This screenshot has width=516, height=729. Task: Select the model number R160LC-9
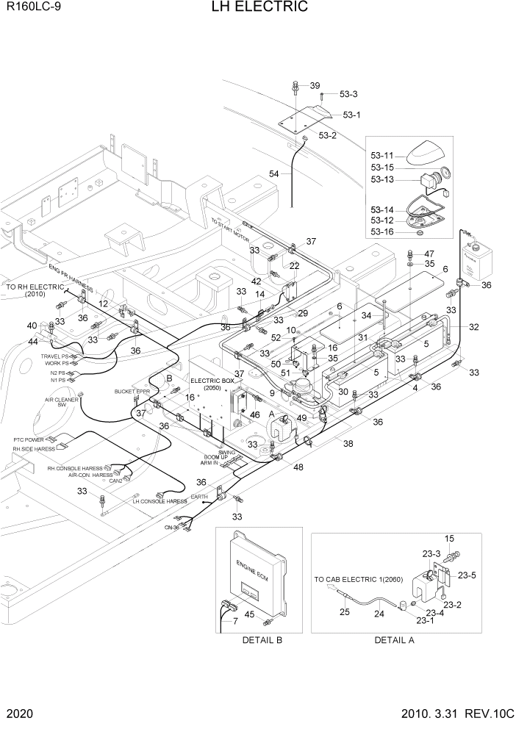coord(29,8)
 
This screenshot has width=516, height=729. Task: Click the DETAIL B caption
coord(262,640)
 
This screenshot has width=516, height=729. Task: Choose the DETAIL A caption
coord(394,640)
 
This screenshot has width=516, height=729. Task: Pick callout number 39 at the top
coord(315,86)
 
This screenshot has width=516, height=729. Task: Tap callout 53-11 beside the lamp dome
coord(383,157)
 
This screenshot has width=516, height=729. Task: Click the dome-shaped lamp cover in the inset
coord(427,153)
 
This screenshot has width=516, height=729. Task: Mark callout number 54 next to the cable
coord(273,174)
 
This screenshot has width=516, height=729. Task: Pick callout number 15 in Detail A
coord(450,539)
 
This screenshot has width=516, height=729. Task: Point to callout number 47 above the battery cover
coord(429,254)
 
